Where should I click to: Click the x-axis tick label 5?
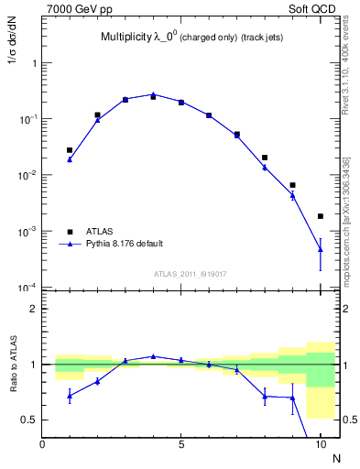tap(181, 444)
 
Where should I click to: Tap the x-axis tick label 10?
tap(321, 444)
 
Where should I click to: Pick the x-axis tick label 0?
tap(43, 444)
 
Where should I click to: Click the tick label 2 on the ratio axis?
tap(32, 309)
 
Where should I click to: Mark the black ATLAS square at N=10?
tap(321, 216)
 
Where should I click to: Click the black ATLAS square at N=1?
tap(71, 150)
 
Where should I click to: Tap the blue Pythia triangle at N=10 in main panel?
tap(321, 248)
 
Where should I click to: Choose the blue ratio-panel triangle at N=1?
tap(71, 396)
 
